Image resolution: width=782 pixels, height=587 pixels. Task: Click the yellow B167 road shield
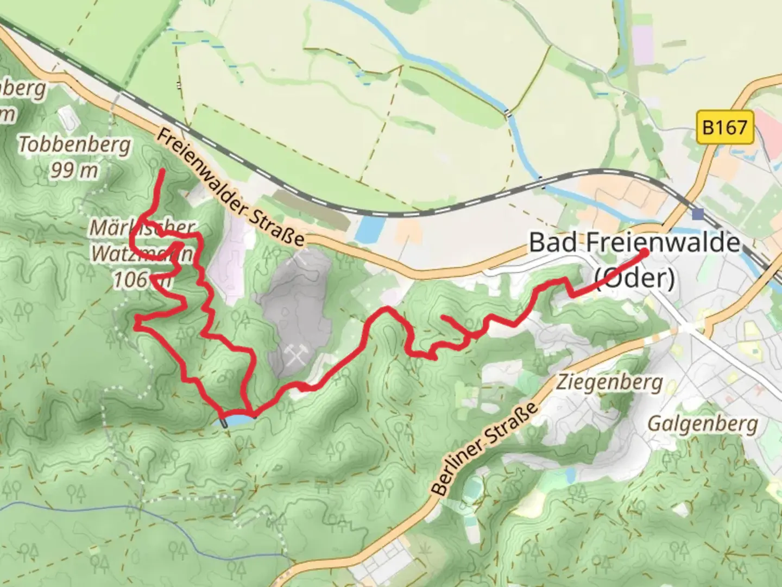[724, 128]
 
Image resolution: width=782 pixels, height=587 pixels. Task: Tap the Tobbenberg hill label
[75, 145]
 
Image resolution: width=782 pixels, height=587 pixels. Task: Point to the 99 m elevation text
[75, 170]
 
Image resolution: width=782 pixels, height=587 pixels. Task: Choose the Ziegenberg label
[609, 383]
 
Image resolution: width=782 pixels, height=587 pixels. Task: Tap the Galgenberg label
[703, 423]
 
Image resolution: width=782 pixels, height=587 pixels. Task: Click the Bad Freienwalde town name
[634, 242]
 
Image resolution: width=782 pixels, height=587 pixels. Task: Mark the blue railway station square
[698, 213]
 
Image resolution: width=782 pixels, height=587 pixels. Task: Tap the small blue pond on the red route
[238, 420]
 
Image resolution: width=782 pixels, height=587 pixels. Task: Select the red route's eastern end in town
[644, 252]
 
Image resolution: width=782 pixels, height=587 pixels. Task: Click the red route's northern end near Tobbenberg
[162, 171]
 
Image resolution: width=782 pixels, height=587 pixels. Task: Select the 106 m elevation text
[139, 279]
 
